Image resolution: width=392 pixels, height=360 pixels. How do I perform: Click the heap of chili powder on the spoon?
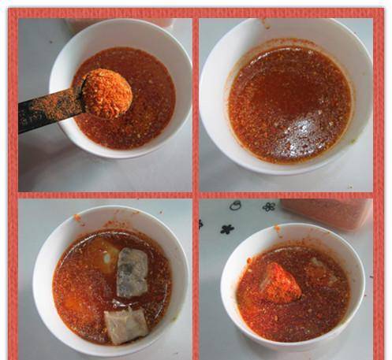pos(106,93)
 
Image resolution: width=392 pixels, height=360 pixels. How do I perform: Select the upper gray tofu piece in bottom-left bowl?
pos(132,272)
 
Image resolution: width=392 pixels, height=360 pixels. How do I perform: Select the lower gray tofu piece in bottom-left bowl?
pos(125,325)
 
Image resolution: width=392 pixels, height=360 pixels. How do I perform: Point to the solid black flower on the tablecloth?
pos(227,229)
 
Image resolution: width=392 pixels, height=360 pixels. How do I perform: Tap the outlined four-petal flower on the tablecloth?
pos(269,206)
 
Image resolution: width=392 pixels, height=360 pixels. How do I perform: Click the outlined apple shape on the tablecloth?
pos(235,206)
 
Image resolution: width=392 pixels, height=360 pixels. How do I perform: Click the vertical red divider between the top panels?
pos(196,102)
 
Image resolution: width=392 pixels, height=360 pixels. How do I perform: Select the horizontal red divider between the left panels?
pos(103,195)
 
